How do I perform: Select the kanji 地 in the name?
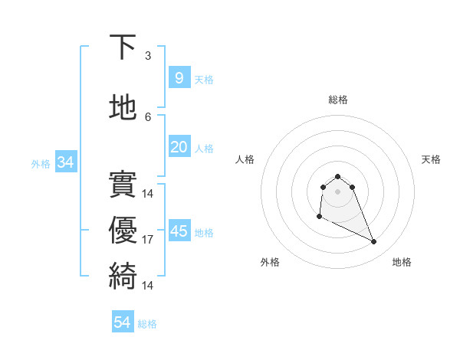pyautogui.click(x=123, y=108)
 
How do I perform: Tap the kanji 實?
pyautogui.click(x=123, y=185)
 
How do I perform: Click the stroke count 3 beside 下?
pyautogui.click(x=148, y=55)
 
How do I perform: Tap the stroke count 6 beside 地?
pyautogui.click(x=148, y=116)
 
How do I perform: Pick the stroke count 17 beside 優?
pyautogui.click(x=148, y=240)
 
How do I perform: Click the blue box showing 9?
pyautogui.click(x=179, y=77)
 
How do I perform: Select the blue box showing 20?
pyautogui.click(x=179, y=147)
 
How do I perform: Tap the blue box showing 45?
pyautogui.click(x=179, y=231)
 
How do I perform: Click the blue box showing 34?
pyautogui.click(x=65, y=162)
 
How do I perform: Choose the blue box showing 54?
pyautogui.click(x=122, y=322)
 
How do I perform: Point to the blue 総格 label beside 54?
pyautogui.click(x=147, y=324)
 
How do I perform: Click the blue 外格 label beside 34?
pyautogui.click(x=41, y=163)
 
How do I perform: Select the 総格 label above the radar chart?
pyautogui.click(x=337, y=100)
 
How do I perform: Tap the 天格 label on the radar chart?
pyautogui.click(x=431, y=159)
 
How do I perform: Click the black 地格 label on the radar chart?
pyautogui.click(x=402, y=262)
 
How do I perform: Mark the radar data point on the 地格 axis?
pyautogui.click(x=374, y=242)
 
